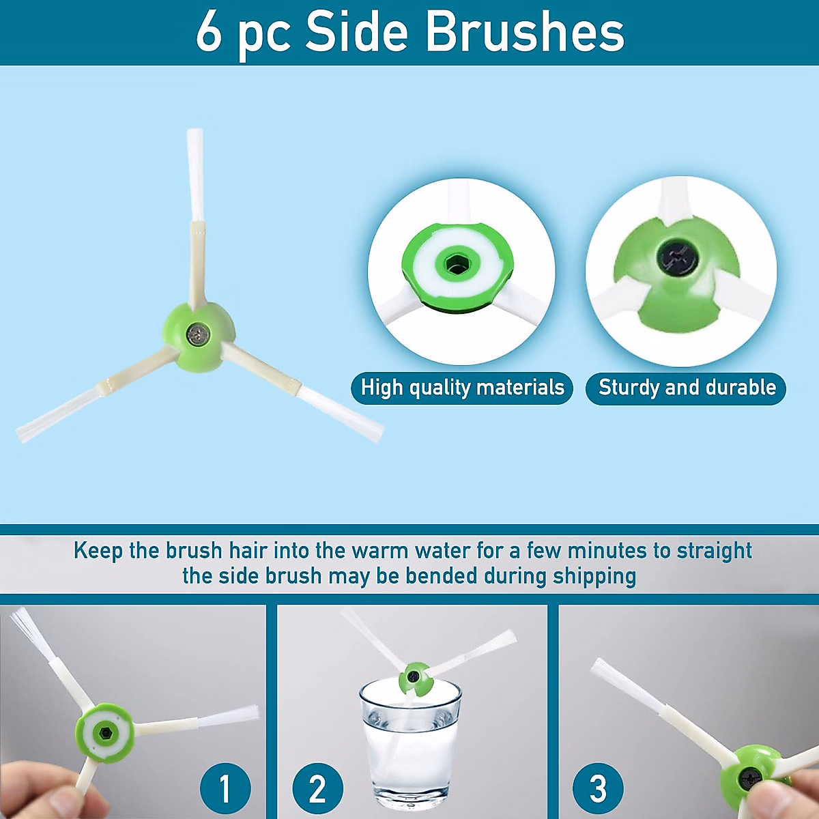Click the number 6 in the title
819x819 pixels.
coord(209,32)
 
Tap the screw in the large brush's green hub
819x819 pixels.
coord(198,334)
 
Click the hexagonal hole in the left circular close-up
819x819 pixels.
coord(455,263)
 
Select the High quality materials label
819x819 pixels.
coord(462,388)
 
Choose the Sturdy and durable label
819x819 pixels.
coord(686,388)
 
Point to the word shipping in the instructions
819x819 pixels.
coord(594,576)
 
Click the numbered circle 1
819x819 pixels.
coord(225,788)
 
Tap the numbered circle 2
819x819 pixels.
coord(317,788)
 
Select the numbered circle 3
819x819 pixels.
coord(598,788)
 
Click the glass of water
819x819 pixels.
coord(411,744)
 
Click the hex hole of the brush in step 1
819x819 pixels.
coord(105,734)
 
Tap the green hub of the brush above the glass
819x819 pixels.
coord(414,678)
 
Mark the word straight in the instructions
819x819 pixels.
coord(714,551)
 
